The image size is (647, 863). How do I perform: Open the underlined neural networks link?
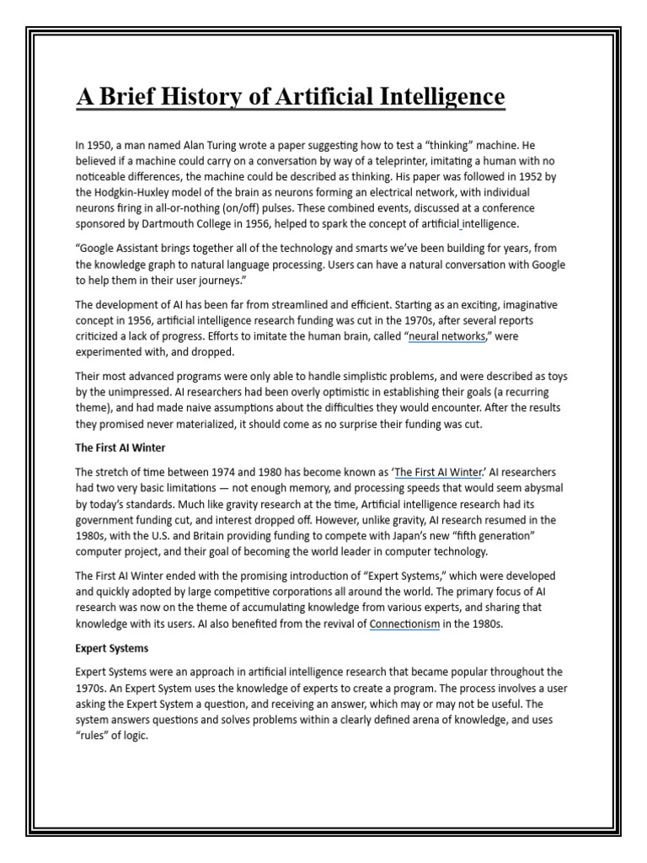446,336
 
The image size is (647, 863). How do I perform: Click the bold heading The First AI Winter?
120,448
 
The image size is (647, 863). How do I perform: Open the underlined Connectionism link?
404,624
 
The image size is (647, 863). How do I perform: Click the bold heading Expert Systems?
111,648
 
